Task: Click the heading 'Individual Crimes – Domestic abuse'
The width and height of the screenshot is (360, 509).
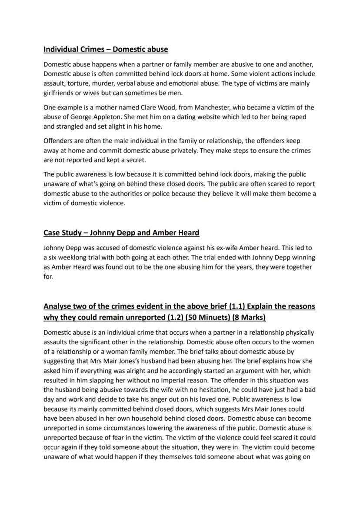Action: click(106, 49)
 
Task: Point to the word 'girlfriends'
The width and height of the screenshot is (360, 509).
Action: click(60, 93)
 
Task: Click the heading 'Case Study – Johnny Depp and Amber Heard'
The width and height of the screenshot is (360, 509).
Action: click(121, 233)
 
